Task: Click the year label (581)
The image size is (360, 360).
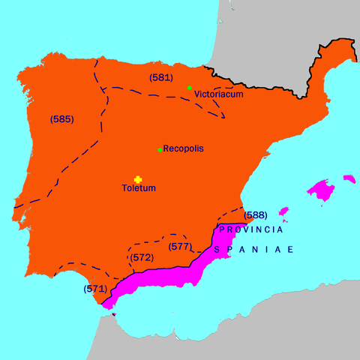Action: pyautogui.click(x=161, y=77)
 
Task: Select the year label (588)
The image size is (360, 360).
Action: pyautogui.click(x=256, y=216)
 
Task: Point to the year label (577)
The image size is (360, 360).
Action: pyautogui.click(x=179, y=246)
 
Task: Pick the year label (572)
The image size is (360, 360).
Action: pyautogui.click(x=142, y=257)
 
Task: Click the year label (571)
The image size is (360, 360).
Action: pyautogui.click(x=95, y=288)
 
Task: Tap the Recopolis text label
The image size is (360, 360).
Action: pyautogui.click(x=183, y=149)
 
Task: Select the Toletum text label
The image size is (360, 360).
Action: pyautogui.click(x=139, y=187)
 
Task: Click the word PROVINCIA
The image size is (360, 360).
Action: pyautogui.click(x=250, y=228)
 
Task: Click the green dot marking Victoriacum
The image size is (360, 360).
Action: pyautogui.click(x=190, y=88)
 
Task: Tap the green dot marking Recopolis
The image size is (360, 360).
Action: pyautogui.click(x=160, y=150)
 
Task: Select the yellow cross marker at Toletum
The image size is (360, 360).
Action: pyautogui.click(x=138, y=178)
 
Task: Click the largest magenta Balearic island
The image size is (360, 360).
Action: pyautogui.click(x=322, y=190)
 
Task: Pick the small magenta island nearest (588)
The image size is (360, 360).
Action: pyautogui.click(x=283, y=212)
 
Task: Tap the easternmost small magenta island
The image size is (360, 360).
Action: pyautogui.click(x=348, y=178)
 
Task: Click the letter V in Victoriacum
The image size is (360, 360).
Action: pyautogui.click(x=196, y=95)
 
